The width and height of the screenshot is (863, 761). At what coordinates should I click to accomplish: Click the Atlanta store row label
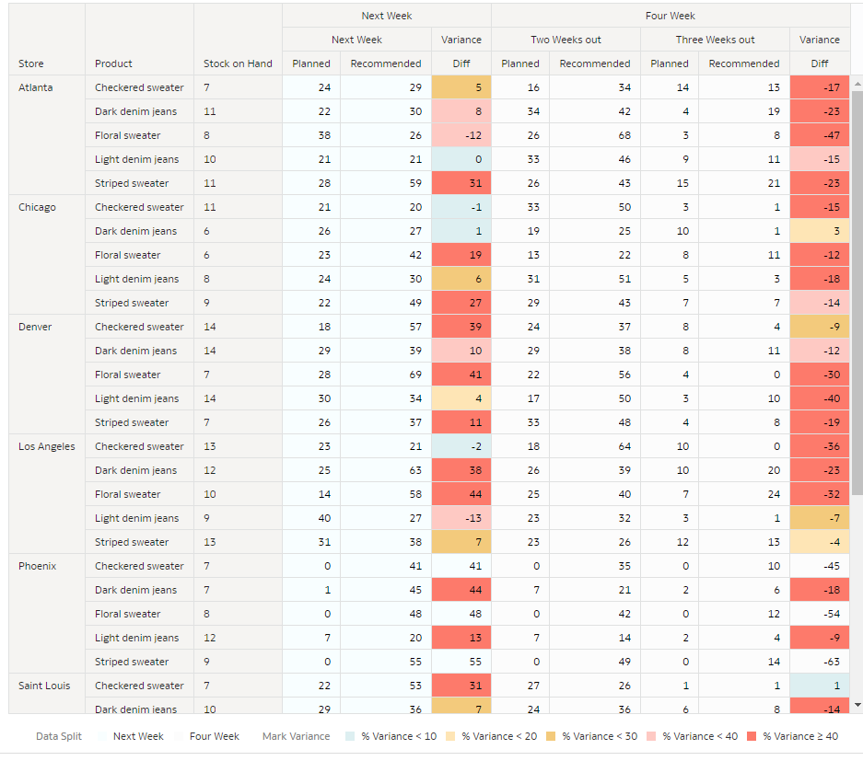tap(36, 87)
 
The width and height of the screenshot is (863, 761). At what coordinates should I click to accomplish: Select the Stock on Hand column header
tap(238, 63)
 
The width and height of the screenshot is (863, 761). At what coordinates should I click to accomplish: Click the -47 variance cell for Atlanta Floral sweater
tap(819, 135)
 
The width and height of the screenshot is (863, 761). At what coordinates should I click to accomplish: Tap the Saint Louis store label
tap(44, 686)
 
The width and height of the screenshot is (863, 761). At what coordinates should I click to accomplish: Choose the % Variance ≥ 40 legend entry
tap(792, 736)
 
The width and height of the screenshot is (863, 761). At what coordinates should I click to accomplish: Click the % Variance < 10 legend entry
tap(391, 736)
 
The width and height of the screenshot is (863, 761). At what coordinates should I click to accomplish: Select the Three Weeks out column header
tap(715, 40)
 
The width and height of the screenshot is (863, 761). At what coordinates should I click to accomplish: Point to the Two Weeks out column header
tap(566, 40)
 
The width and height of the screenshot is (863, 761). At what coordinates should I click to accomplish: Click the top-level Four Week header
tap(670, 16)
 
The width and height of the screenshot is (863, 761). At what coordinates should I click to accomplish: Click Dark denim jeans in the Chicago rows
tap(135, 231)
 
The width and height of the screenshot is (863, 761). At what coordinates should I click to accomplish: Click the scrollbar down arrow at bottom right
tap(857, 705)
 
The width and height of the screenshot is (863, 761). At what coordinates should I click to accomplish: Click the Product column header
tap(113, 63)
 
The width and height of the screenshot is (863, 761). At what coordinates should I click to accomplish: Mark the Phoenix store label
tap(38, 566)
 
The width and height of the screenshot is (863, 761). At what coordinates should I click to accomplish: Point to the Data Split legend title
tap(59, 736)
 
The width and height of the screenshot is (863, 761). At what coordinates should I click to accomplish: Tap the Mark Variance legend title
tap(296, 736)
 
